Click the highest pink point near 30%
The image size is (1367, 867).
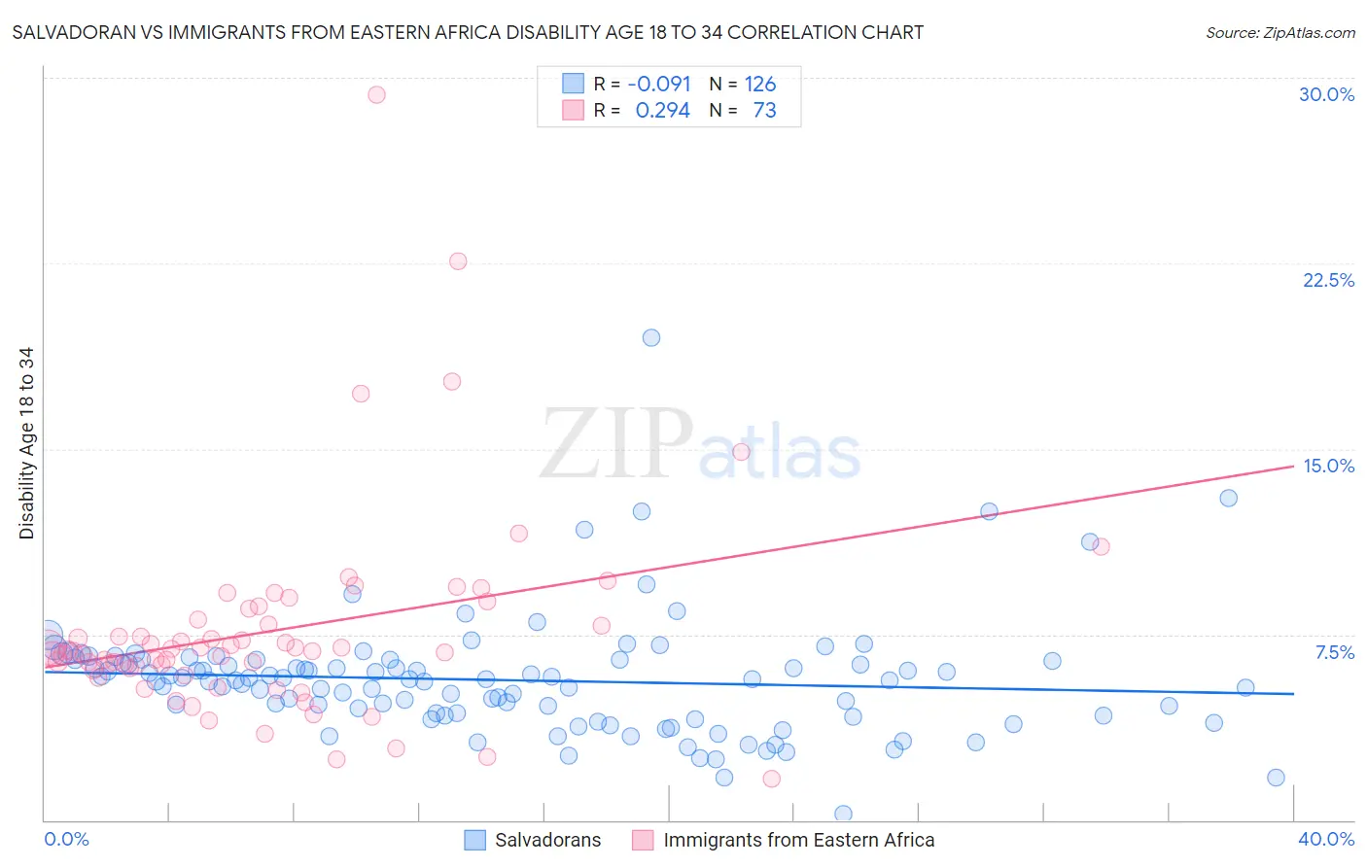376,94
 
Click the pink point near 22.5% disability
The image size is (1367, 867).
458,261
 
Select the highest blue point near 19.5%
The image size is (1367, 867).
651,337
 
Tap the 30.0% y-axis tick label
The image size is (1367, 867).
1326,94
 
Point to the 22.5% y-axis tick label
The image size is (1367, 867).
1328,280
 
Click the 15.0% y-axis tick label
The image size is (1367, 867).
1328,466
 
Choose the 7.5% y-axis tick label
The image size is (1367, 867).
1334,652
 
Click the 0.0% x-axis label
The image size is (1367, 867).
66,839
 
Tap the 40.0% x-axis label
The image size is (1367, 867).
1326,839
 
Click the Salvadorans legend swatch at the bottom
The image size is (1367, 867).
474,840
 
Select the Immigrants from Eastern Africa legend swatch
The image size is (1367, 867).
643,840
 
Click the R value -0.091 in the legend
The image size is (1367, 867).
659,84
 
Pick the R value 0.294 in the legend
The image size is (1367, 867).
662,110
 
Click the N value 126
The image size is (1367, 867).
760,84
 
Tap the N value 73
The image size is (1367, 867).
764,110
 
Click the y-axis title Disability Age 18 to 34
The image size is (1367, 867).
26,443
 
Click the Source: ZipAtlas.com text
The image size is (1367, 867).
1279,32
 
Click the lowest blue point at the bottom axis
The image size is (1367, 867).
843,814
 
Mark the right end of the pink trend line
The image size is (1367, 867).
1293,467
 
